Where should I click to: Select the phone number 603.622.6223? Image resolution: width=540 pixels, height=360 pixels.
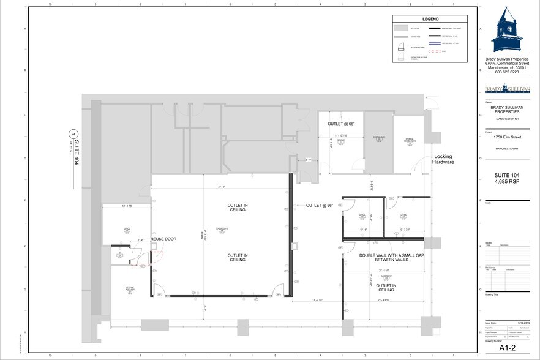506,72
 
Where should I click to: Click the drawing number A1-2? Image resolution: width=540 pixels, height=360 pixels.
506,348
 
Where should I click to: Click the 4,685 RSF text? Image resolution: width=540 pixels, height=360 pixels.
506,182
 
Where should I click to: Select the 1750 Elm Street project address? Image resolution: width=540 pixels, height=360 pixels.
506,138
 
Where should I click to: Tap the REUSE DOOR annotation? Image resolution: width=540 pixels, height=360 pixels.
163,239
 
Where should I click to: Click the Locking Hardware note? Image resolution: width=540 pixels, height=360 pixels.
443,160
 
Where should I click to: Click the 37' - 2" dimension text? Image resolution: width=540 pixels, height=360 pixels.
221,187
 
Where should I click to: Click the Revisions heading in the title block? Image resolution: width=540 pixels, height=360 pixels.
490,268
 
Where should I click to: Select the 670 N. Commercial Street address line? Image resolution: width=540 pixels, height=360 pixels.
506,62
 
